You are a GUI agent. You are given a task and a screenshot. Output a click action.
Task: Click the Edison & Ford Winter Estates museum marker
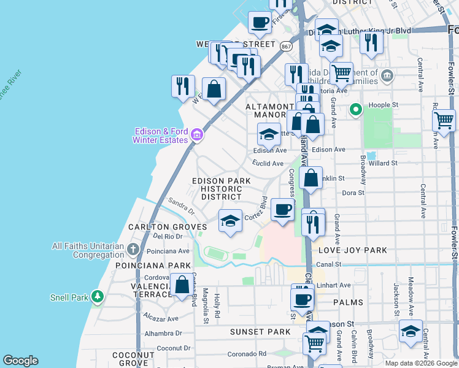coord(196,135)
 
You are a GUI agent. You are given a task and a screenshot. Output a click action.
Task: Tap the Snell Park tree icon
coord(97,297)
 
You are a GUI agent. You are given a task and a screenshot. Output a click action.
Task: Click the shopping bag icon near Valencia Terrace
coord(182,285)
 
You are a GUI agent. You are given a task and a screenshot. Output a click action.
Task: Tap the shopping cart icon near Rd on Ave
coord(443,120)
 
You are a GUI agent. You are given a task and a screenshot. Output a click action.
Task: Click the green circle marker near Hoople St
coord(355,111)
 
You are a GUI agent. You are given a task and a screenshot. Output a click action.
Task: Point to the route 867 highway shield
coord(286,46)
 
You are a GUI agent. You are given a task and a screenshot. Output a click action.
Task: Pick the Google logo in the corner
coord(20,361)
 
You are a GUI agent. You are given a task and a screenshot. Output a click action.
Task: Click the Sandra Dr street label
coord(180,206)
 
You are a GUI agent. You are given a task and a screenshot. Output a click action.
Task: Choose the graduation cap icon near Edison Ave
coord(268,134)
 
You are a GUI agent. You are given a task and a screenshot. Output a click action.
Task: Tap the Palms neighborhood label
coord(348,302)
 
